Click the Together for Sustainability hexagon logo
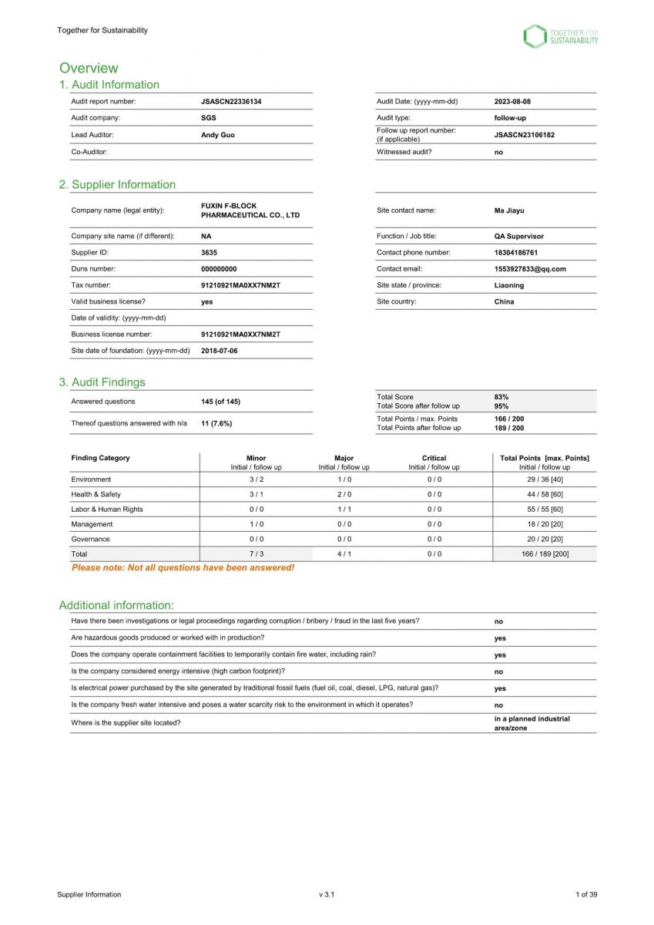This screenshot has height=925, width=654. pyautogui.click(x=535, y=36)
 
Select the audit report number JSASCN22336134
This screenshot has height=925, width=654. pyautogui.click(x=230, y=102)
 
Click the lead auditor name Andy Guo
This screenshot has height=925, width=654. pyautogui.click(x=217, y=135)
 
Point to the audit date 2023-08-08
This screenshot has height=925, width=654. pyautogui.click(x=512, y=102)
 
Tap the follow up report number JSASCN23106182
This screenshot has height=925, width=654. pyautogui.click(x=524, y=135)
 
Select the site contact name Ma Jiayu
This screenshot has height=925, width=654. pyautogui.click(x=509, y=210)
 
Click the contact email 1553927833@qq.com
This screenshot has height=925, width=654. pyautogui.click(x=530, y=269)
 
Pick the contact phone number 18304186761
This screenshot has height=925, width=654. pyautogui.click(x=516, y=253)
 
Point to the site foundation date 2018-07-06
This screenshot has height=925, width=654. pyautogui.click(x=219, y=351)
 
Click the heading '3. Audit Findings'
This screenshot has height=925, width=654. pyautogui.click(x=102, y=382)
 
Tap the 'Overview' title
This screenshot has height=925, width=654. pyautogui.click(x=89, y=68)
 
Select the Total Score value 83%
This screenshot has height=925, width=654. pyautogui.click(x=501, y=397)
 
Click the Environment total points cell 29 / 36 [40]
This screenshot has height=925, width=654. pyautogui.click(x=545, y=479)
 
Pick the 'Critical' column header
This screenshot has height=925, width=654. pyautogui.click(x=434, y=458)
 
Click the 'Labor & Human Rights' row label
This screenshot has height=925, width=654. pyautogui.click(x=107, y=510)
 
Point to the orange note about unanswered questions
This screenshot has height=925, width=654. pyautogui.click(x=183, y=568)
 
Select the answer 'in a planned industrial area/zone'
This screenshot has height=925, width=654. pyautogui.click(x=532, y=723)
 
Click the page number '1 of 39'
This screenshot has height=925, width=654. pyautogui.click(x=586, y=895)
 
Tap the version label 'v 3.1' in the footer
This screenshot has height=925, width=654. pyautogui.click(x=327, y=895)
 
